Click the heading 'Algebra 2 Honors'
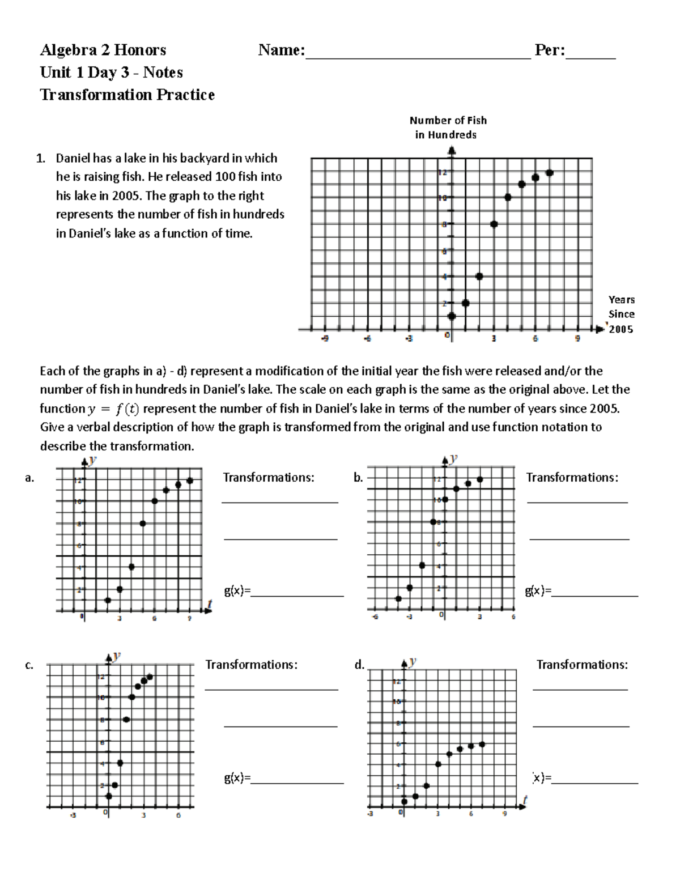[x=103, y=50]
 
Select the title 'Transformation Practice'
[x=127, y=95]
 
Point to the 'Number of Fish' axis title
[x=448, y=120]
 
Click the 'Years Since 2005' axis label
[x=621, y=314]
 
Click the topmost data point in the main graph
[x=549, y=173]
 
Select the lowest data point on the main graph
[x=452, y=316]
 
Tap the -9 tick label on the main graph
[x=325, y=339]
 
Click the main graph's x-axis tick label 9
[x=577, y=339]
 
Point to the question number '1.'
[x=40, y=158]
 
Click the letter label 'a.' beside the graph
[x=29, y=478]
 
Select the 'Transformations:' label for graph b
[x=572, y=478]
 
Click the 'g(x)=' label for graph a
[x=237, y=591]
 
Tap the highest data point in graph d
[x=482, y=745]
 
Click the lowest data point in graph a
[x=108, y=600]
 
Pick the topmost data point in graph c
[x=150, y=677]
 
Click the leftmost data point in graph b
[x=398, y=598]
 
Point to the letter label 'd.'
[x=359, y=665]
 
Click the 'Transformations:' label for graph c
[x=251, y=665]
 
